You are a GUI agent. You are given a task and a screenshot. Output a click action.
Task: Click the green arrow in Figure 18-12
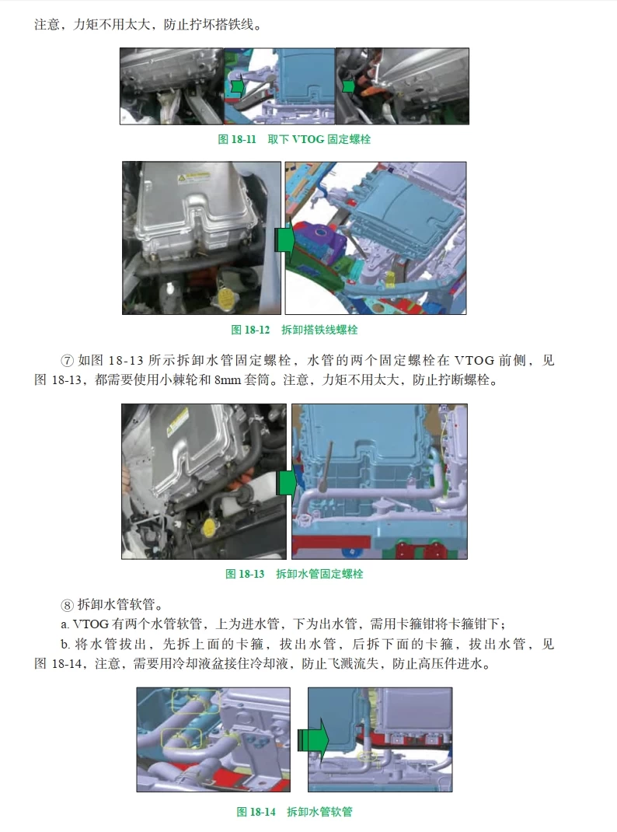click(x=284, y=239)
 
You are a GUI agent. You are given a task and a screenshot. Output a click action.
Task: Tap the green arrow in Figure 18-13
click(x=287, y=483)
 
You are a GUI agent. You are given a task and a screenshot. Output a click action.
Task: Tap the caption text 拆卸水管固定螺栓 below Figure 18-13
click(x=319, y=574)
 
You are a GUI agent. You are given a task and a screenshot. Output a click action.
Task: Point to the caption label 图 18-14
click(x=256, y=812)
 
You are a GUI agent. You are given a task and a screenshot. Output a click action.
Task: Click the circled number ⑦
click(x=67, y=362)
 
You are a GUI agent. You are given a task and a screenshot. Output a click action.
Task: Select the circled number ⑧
click(x=67, y=605)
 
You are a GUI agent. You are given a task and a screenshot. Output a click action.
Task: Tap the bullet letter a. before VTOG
click(x=65, y=624)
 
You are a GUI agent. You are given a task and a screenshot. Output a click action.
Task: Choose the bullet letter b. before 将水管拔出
click(x=65, y=645)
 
